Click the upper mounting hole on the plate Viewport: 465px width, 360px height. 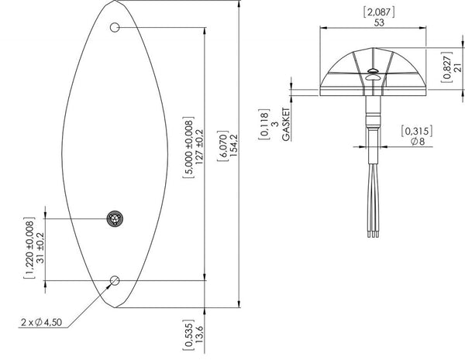pyautogui.click(x=114, y=28)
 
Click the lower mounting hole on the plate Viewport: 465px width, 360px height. pyautogui.click(x=115, y=279)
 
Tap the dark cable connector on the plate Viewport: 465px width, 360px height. pyautogui.click(x=115, y=218)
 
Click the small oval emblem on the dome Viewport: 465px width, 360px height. pyautogui.click(x=373, y=74)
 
